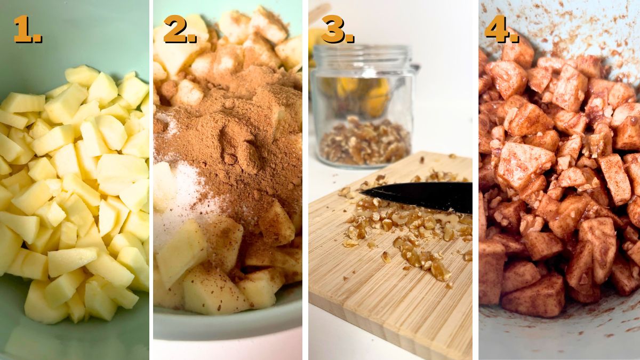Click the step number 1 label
click(27, 29)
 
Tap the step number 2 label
click(180, 29)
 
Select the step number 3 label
click(337, 29)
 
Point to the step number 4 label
click(501, 29)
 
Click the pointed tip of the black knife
click(363, 190)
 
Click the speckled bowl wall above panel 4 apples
click(576, 27)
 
